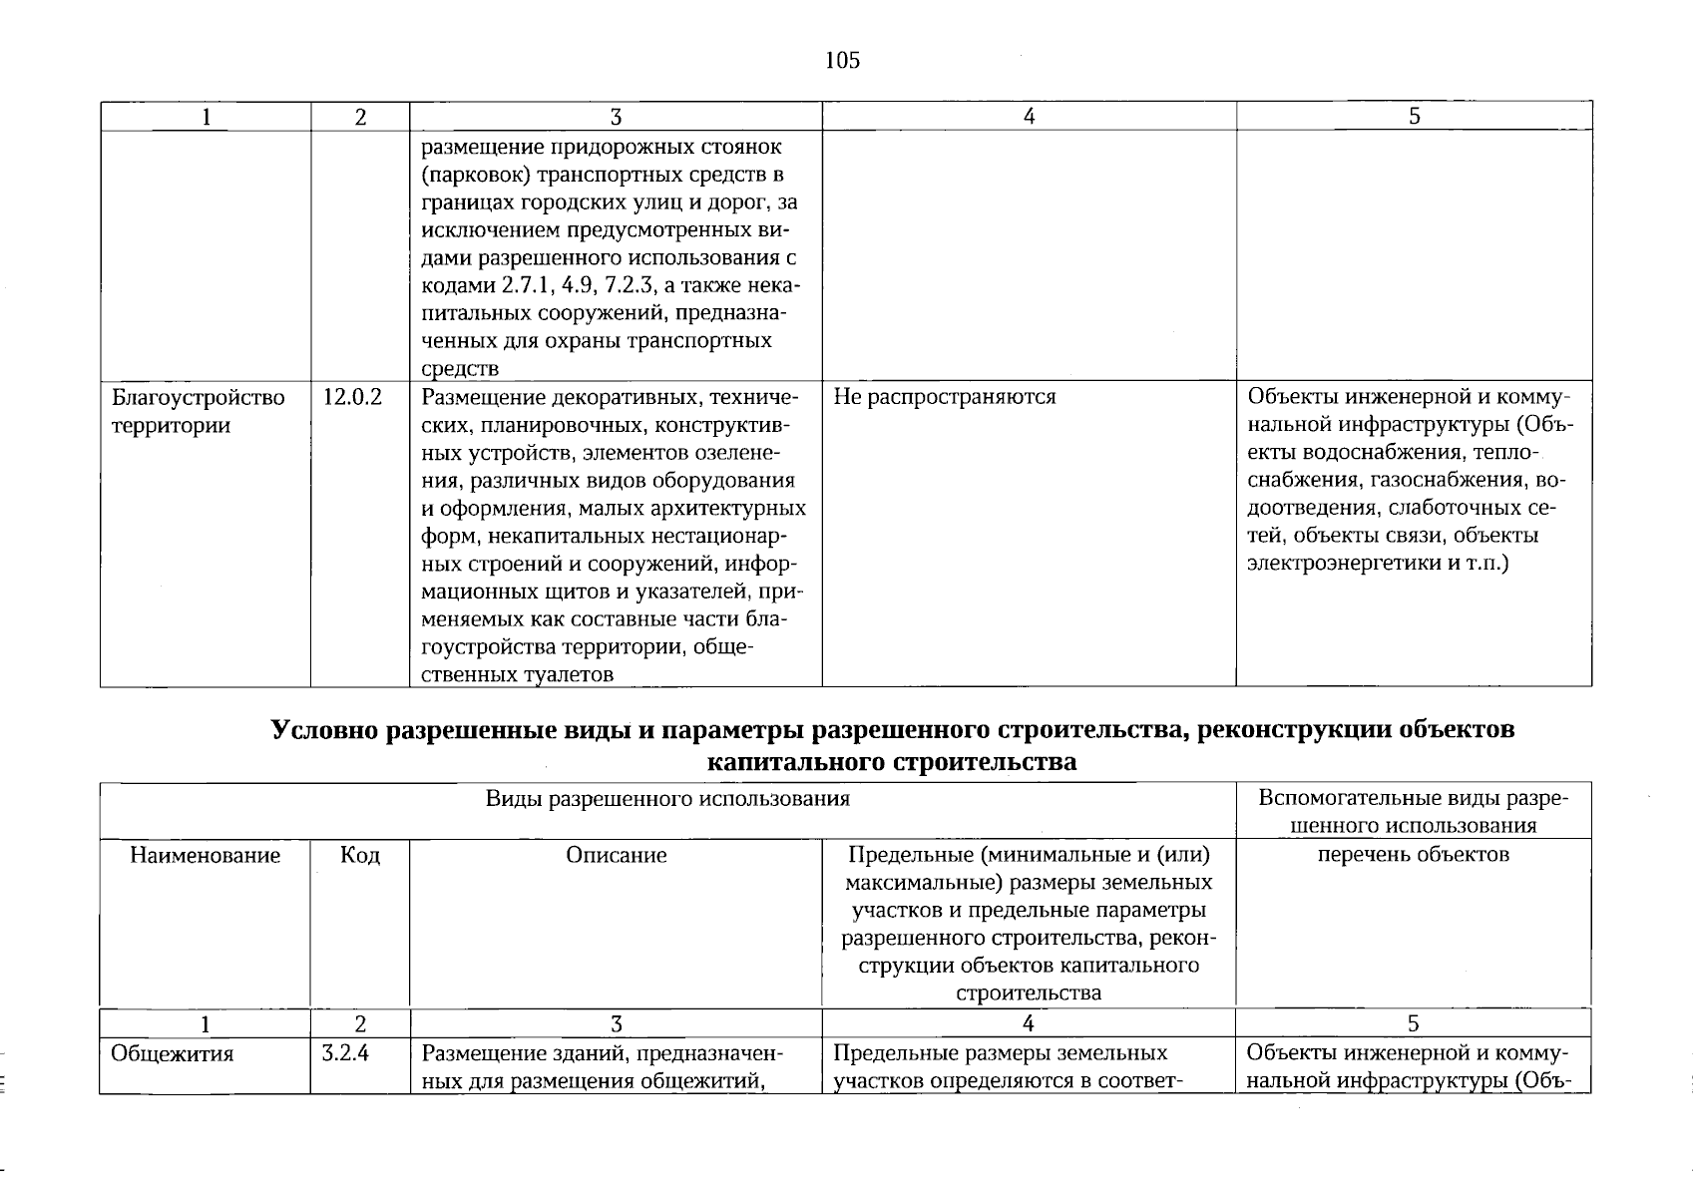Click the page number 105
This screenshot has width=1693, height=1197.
842,61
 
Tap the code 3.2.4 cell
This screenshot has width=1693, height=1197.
346,1053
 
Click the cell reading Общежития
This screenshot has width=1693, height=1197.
173,1054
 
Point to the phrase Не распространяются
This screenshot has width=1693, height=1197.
944,397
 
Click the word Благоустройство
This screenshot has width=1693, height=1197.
198,398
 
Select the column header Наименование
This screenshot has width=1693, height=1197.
205,856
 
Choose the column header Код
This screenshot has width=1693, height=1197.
359,856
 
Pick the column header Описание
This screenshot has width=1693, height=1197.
616,856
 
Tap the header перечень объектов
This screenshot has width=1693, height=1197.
1413,855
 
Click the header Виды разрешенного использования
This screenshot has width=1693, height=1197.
667,799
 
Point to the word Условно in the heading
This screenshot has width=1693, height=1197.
324,730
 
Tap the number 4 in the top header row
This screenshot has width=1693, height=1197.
1029,117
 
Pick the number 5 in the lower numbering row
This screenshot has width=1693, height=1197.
1413,1023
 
